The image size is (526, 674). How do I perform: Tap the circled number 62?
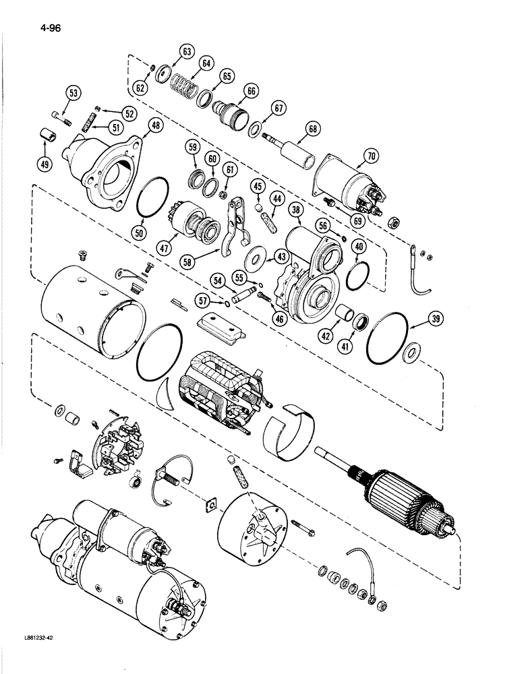point(140,87)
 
